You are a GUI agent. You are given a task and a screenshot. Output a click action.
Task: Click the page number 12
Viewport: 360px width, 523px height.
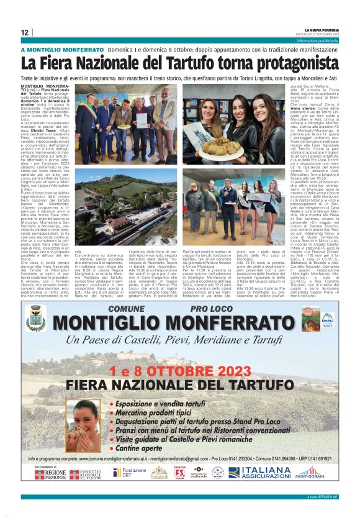pyautogui.click(x=24, y=32)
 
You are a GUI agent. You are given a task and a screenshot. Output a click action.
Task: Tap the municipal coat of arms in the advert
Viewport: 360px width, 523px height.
pyautogui.click(x=36, y=317)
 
